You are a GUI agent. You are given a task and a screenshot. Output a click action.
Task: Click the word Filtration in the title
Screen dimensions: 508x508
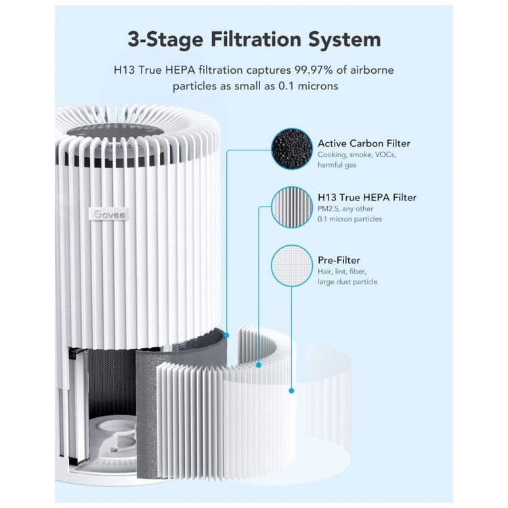(x=256, y=39)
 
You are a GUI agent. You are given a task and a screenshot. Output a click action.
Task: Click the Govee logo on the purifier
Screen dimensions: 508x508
(x=109, y=214)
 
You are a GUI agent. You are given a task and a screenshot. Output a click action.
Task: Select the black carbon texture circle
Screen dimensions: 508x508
(x=291, y=149)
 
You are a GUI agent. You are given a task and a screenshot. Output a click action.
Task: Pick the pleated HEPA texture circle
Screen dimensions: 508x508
(x=291, y=207)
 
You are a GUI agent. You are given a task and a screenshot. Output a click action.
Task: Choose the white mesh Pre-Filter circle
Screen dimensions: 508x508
(x=291, y=266)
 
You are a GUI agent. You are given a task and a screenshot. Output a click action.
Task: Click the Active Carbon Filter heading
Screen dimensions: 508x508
(x=364, y=143)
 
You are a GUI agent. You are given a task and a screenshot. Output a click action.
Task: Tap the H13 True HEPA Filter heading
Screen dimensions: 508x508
(x=367, y=197)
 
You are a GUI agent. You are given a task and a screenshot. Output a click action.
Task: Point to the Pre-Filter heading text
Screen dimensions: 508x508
(x=339, y=260)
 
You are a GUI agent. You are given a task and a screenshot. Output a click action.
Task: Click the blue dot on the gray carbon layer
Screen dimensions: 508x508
(x=226, y=335)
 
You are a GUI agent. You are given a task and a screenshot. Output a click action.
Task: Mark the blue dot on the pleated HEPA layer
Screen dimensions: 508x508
(x=259, y=365)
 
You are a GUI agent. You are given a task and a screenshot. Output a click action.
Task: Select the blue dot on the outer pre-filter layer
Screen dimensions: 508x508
(x=291, y=391)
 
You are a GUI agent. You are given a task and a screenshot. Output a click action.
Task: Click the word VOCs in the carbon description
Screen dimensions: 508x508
(x=385, y=154)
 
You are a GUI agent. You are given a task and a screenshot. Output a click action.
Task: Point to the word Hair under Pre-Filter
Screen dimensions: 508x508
(x=325, y=271)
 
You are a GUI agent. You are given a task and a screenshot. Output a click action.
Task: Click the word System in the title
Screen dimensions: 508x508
(x=344, y=40)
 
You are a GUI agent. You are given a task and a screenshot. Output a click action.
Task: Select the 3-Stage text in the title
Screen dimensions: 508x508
(x=165, y=40)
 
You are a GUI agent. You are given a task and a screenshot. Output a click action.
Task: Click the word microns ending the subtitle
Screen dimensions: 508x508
(x=318, y=86)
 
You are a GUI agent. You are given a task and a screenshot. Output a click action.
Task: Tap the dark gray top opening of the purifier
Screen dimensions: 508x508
(x=115, y=133)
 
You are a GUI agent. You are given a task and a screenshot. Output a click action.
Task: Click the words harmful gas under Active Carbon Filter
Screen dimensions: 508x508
(x=337, y=165)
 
